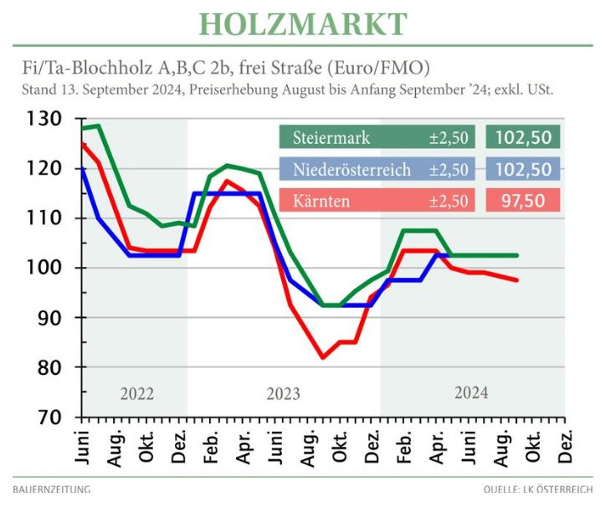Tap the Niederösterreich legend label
[x=351, y=170]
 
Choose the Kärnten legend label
[x=322, y=202]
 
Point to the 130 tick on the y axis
[x=44, y=120]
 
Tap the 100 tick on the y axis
[x=44, y=268]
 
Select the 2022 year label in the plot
[x=136, y=392]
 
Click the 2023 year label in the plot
[x=284, y=392]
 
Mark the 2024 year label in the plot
[x=471, y=392]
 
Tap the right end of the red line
[x=517, y=280]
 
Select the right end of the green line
[x=517, y=255]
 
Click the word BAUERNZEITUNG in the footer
[x=52, y=489]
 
